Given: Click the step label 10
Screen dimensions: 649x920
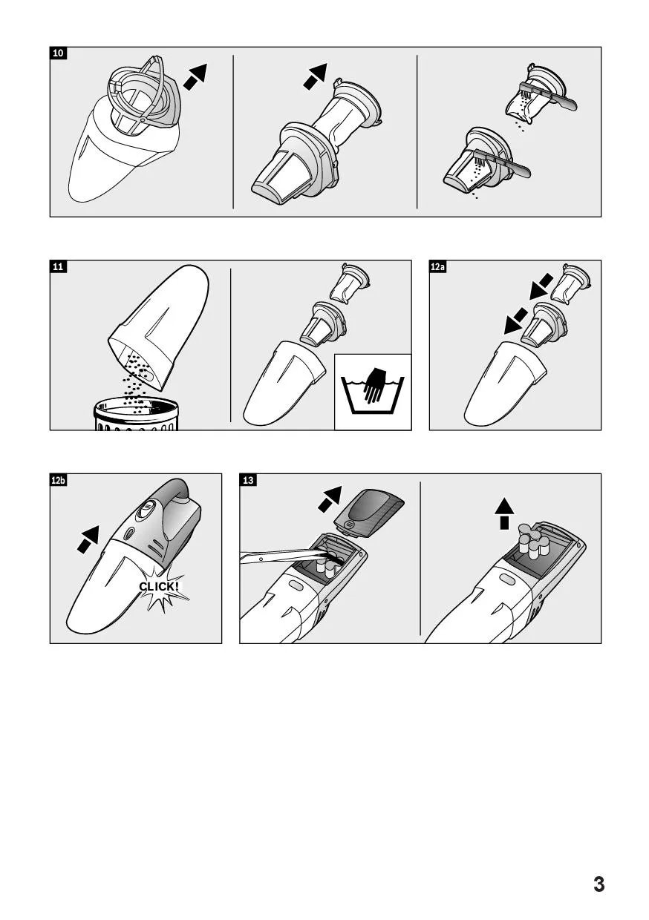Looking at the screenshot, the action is (59, 53).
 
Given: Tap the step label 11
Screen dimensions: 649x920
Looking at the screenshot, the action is (59, 266).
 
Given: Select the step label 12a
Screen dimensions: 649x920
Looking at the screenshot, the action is (437, 266).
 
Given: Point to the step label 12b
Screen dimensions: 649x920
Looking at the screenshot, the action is (59, 480).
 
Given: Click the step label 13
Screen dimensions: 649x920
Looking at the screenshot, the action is (248, 480).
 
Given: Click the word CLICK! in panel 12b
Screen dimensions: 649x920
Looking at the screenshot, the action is (159, 586).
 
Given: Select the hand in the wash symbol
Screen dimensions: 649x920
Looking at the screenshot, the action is (374, 385).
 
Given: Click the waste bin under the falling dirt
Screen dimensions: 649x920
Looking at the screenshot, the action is (136, 414).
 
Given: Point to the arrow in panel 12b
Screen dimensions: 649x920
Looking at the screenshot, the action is (88, 539).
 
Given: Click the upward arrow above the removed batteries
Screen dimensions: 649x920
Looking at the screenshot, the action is (504, 513).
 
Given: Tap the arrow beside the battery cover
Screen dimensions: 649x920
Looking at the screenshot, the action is (330, 499).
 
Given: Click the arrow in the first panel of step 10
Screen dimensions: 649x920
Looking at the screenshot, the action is (195, 77).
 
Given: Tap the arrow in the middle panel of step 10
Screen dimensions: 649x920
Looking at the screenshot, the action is (315, 76).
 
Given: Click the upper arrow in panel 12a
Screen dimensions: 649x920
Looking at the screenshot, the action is (541, 286).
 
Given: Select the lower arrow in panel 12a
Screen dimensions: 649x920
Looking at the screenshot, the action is (516, 320).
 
